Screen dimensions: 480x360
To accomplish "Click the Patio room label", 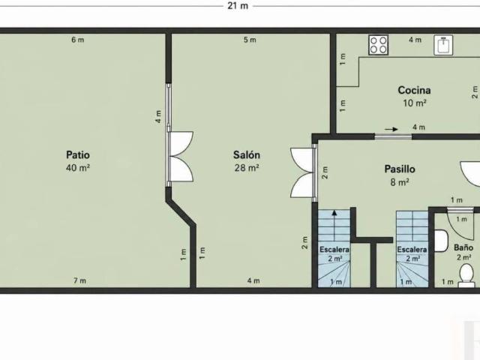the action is [x=78, y=154].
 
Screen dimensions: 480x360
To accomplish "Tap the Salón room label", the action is [x=247, y=154].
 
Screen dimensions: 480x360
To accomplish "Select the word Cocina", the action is [x=414, y=90].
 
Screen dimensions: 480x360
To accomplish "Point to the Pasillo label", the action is [x=400, y=169].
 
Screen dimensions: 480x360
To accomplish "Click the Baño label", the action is [x=463, y=247].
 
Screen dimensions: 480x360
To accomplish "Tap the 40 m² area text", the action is [x=78, y=168].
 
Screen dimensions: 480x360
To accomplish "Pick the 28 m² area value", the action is [x=247, y=168].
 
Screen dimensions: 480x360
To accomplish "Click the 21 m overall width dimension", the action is [x=238, y=5].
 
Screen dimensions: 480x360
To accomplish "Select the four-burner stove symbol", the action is [x=379, y=45].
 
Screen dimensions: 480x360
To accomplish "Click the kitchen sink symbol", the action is [x=443, y=45].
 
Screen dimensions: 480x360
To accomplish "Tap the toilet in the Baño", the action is [x=466, y=275].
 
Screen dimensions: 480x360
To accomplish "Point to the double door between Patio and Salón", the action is [x=181, y=157].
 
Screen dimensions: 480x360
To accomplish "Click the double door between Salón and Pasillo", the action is [x=303, y=172].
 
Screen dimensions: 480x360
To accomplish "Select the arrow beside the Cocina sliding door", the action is [x=391, y=129].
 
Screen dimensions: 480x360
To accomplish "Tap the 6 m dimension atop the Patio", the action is [x=78, y=40].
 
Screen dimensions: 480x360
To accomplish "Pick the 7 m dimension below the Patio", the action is [x=79, y=280].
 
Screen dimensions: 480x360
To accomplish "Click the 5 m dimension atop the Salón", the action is [x=250, y=40].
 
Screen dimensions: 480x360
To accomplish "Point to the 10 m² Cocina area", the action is [x=415, y=103].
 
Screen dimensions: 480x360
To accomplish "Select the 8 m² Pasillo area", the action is [x=400, y=182].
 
